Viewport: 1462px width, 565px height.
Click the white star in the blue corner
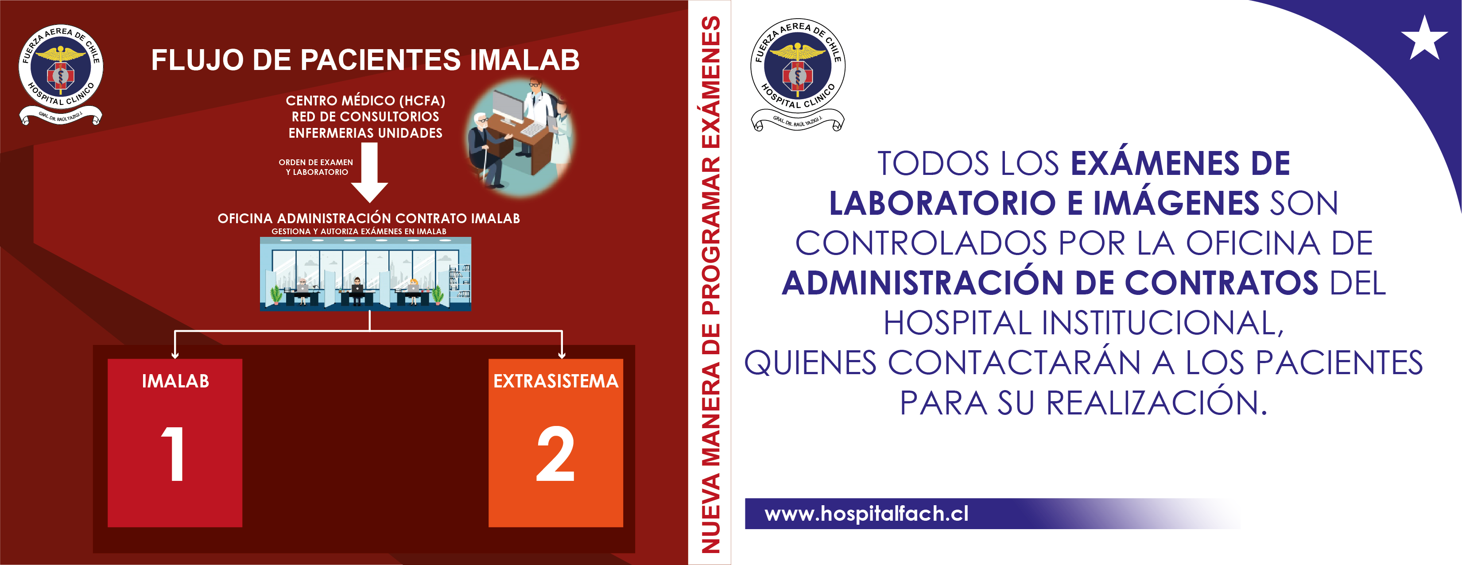[1424, 39]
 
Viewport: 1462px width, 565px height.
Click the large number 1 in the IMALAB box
[173, 454]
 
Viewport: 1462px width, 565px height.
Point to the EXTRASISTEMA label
[556, 381]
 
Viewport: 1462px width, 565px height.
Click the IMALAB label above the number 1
[175, 381]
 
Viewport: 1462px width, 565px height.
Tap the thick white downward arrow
[369, 172]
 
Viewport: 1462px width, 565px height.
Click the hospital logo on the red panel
[61, 74]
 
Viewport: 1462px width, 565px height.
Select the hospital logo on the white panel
[797, 74]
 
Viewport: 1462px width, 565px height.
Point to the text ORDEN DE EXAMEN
[315, 162]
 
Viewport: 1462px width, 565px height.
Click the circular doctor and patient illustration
[520, 138]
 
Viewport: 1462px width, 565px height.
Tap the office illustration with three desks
[365, 274]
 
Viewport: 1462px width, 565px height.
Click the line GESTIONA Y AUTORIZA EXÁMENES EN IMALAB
[359, 232]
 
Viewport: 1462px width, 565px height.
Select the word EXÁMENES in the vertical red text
[710, 83]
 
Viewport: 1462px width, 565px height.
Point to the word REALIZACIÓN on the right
[1156, 403]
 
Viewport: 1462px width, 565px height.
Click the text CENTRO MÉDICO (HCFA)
[365, 101]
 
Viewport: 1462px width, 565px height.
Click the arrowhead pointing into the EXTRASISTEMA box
[561, 355]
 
